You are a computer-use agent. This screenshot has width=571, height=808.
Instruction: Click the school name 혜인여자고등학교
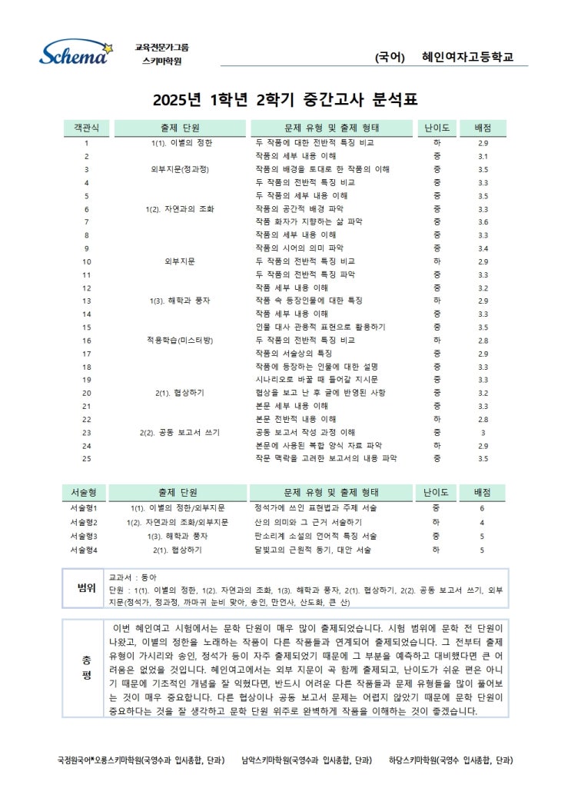(467, 57)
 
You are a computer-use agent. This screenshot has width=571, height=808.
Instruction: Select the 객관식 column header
(86, 128)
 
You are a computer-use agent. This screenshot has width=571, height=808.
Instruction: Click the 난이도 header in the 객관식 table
(437, 128)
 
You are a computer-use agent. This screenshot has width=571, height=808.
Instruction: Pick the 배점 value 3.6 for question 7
(483, 221)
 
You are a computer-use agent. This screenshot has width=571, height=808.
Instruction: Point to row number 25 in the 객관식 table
(86, 458)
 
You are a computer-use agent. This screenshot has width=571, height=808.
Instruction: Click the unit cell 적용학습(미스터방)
(179, 340)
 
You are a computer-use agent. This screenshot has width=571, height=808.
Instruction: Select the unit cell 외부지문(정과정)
(179, 169)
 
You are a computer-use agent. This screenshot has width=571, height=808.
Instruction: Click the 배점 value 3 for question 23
(483, 432)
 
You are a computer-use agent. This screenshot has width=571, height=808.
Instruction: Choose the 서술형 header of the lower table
(86, 492)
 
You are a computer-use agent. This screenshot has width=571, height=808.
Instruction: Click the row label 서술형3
(86, 536)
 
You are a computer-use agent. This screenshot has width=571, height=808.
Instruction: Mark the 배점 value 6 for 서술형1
(483, 509)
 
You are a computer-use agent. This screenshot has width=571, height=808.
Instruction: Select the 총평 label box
(85, 667)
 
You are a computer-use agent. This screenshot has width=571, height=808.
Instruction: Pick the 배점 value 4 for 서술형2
(483, 522)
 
